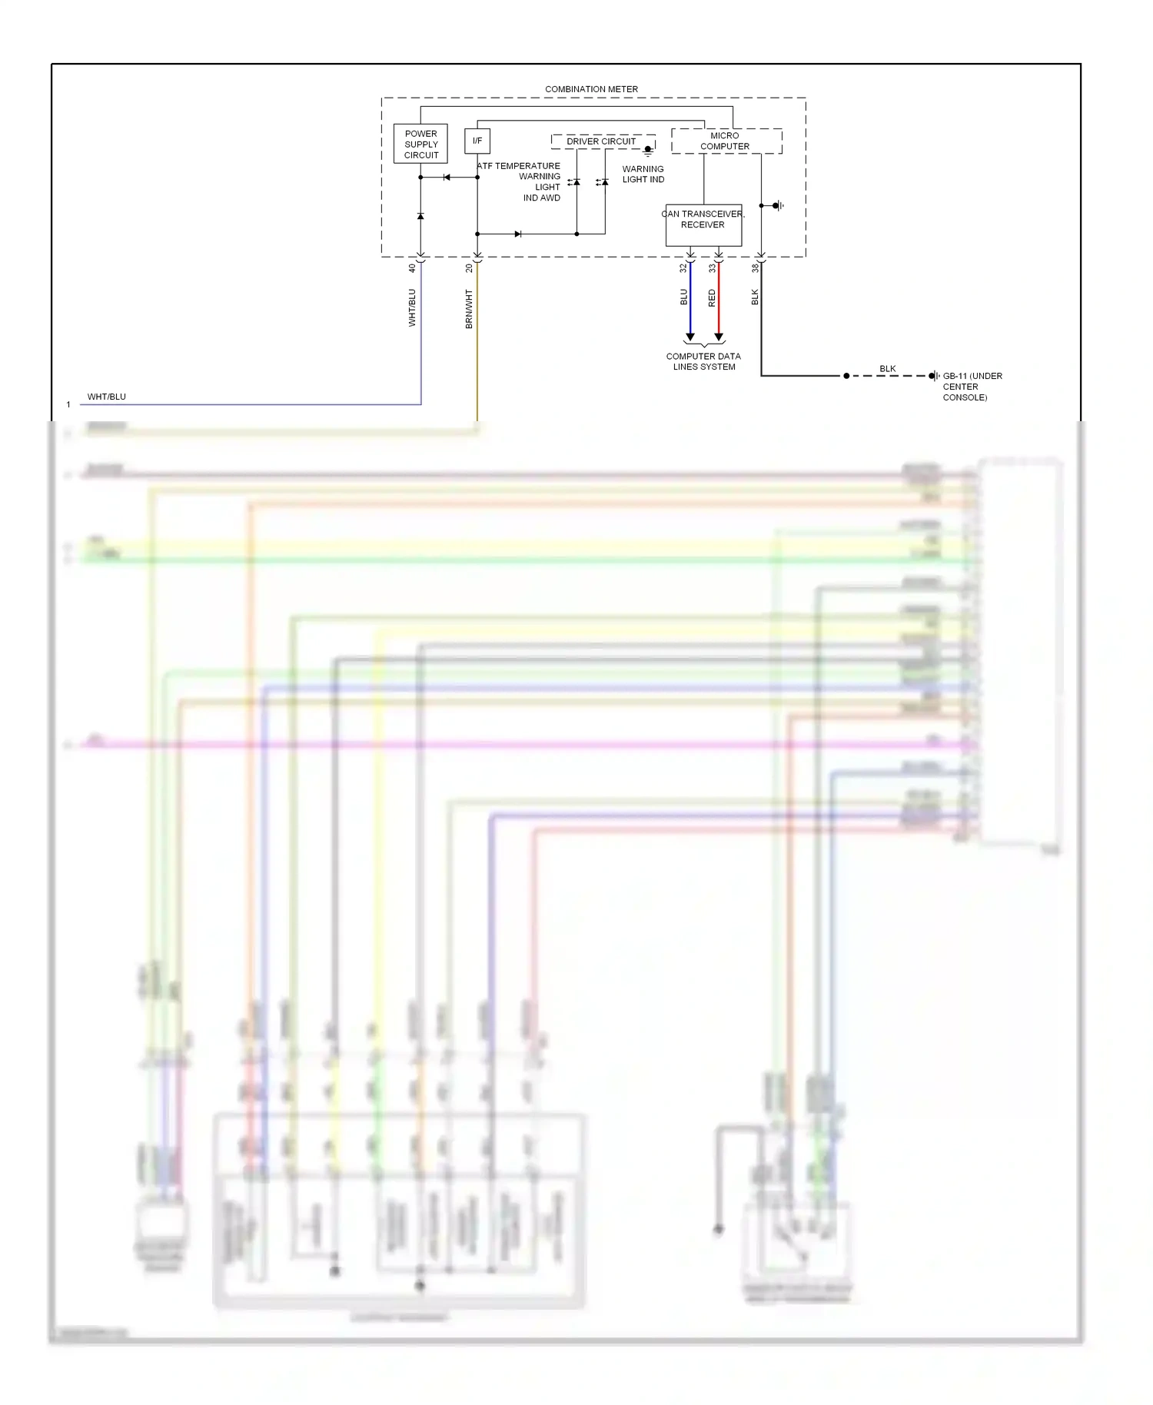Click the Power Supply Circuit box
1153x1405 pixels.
420,144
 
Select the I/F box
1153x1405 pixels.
477,141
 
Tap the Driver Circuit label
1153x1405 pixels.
601,141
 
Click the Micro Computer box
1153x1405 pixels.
726,141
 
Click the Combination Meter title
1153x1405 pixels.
591,89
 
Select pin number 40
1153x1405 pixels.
412,268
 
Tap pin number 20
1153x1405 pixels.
469,268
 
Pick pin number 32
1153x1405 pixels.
683,268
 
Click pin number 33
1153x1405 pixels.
712,268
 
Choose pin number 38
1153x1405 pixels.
755,268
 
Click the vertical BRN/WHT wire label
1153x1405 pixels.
469,309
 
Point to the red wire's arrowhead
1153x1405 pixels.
719,337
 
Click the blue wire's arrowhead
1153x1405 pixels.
690,337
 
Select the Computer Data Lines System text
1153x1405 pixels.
703,361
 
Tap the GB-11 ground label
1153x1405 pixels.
972,387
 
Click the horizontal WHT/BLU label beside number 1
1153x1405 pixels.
107,397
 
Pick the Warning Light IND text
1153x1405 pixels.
643,174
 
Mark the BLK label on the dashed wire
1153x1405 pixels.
888,369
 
